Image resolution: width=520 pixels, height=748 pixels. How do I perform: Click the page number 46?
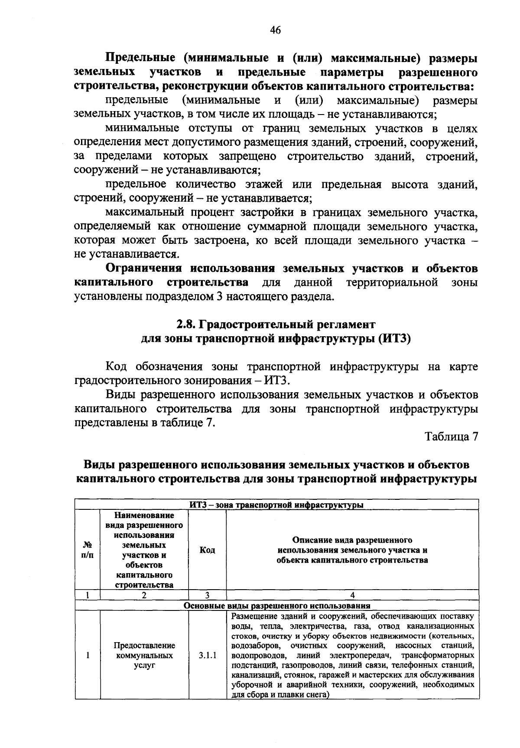coord(275,30)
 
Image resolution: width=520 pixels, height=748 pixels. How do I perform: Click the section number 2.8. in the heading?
coord(186,324)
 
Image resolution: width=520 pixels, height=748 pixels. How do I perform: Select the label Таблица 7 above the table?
coord(451,436)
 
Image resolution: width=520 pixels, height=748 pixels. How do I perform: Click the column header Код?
coord(207,550)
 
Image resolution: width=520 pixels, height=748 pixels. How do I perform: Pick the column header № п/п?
coord(87,550)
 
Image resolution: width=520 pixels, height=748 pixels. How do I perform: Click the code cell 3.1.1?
coord(207,655)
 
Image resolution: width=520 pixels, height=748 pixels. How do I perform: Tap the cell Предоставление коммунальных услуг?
coord(144,655)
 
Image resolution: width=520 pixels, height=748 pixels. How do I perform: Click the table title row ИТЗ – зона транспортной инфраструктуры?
coord(276,505)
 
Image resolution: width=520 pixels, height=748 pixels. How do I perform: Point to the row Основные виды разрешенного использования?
coord(277,606)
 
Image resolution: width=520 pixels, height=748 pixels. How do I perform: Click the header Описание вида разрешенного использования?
coord(352,550)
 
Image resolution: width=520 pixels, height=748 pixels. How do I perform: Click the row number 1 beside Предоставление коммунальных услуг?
coord(87,655)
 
